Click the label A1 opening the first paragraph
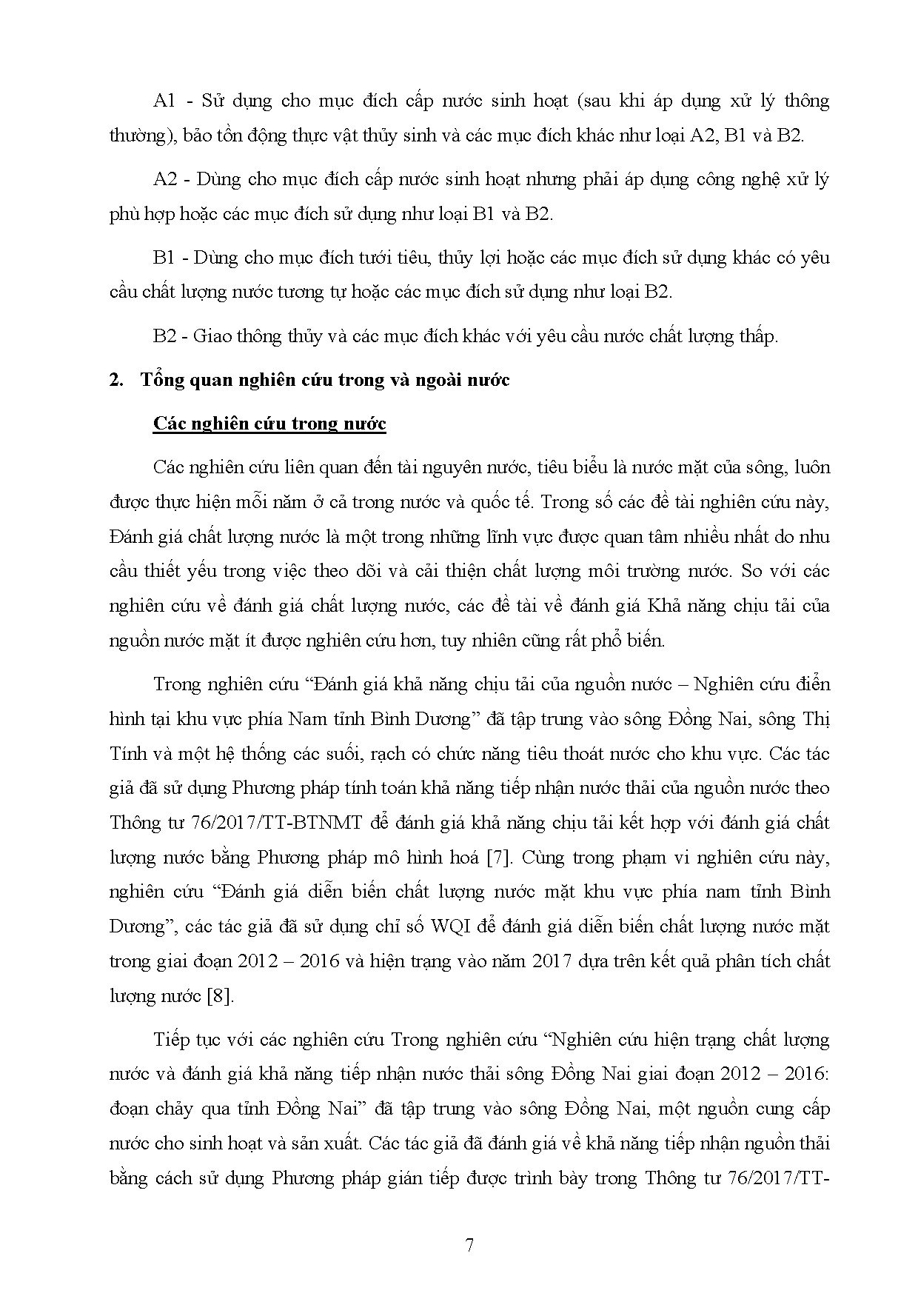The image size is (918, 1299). (164, 101)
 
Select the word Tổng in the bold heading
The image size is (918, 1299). (161, 381)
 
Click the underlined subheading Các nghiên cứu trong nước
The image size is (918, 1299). (269, 424)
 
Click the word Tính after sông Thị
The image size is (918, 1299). (126, 754)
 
